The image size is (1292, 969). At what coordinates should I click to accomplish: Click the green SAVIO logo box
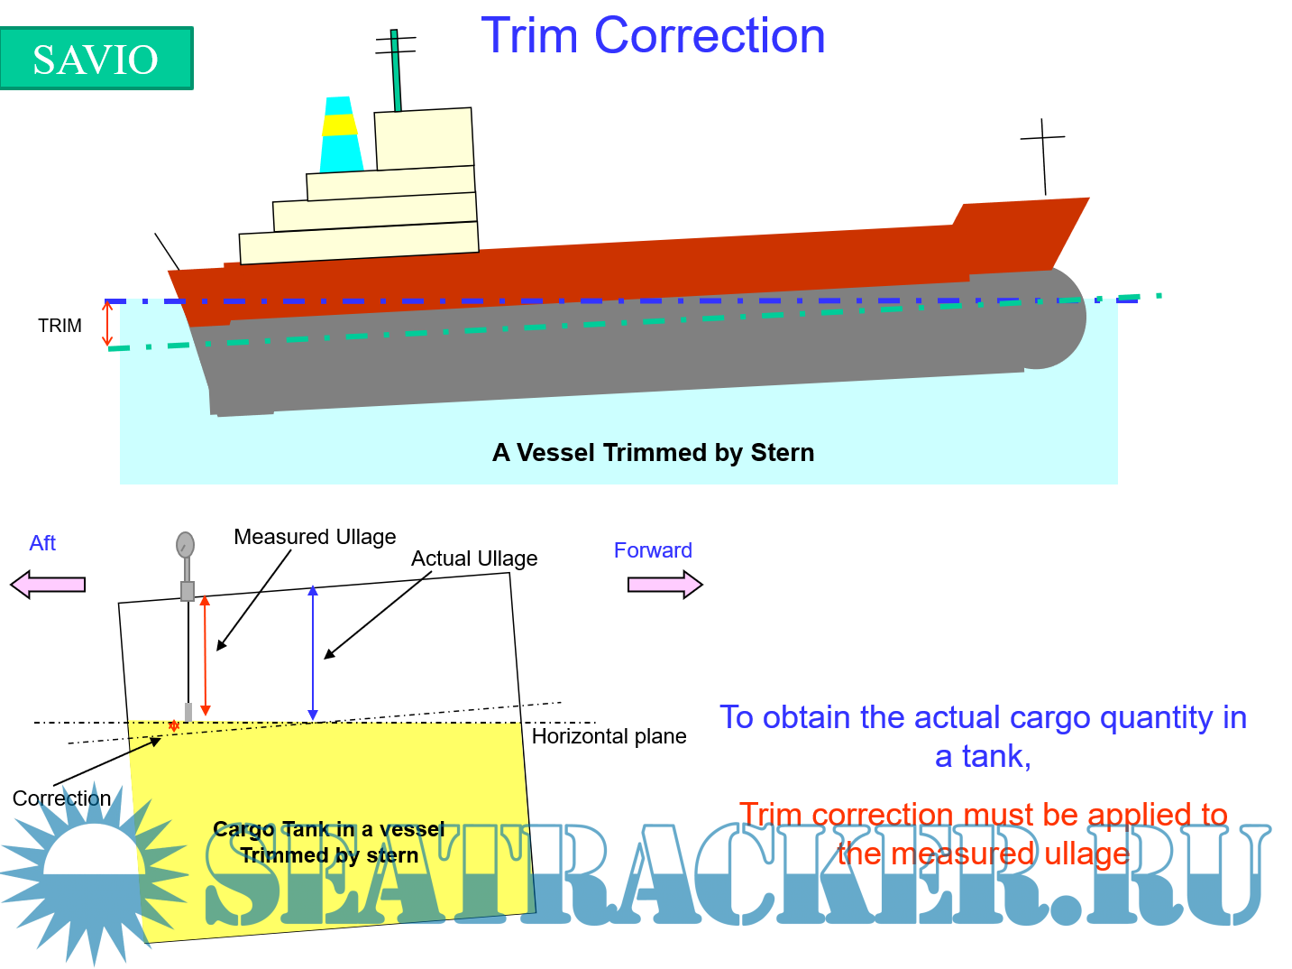[x=96, y=59]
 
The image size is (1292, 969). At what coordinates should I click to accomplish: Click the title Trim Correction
[x=653, y=35]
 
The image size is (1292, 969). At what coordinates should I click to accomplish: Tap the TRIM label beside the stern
[x=60, y=325]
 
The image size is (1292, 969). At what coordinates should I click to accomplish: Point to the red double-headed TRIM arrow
[x=107, y=323]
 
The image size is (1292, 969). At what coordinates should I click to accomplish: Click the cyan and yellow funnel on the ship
[x=341, y=134]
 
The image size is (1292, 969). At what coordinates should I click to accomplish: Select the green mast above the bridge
[x=396, y=70]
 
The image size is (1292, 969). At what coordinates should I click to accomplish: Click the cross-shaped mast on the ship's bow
[x=1043, y=157]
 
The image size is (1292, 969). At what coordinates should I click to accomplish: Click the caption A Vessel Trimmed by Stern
[x=653, y=452]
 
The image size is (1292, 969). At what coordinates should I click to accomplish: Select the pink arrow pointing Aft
[x=49, y=585]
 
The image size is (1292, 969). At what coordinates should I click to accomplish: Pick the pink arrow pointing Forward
[x=665, y=585]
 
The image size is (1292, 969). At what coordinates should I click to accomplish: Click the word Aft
[x=42, y=542]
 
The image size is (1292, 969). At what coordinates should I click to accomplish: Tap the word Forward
[x=653, y=550]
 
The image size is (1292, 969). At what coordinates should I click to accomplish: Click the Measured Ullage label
[x=315, y=537]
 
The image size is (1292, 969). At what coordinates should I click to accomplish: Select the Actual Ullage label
[x=474, y=558]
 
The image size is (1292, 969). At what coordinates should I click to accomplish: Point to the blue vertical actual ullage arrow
[x=313, y=653]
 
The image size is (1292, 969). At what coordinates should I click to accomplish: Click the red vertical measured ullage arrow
[x=205, y=656]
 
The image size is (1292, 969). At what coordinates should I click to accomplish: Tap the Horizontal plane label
[x=609, y=736]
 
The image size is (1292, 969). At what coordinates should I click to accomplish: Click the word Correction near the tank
[x=62, y=798]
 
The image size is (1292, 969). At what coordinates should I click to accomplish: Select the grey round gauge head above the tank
[x=185, y=544]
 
